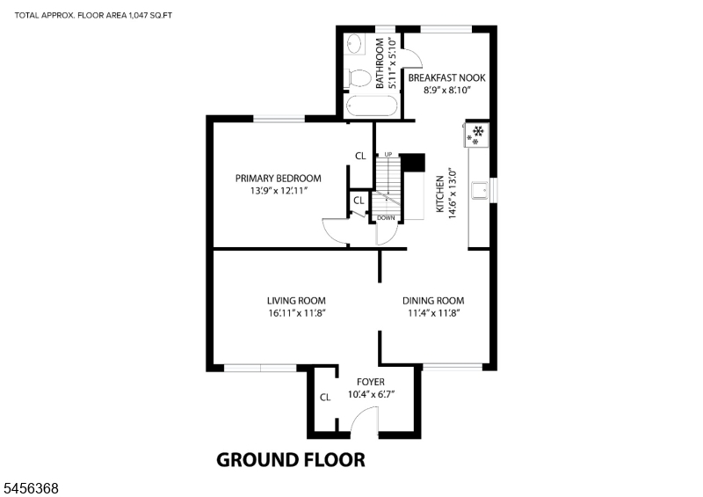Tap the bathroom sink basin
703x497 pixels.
(355, 45)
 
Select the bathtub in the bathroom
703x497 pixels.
(371, 106)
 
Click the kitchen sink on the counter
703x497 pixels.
(480, 190)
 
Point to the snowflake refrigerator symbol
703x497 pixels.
(476, 135)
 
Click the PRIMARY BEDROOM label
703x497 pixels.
(279, 179)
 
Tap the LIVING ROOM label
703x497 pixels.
(296, 300)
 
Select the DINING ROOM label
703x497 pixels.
(433, 300)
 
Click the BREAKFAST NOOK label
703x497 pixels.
(446, 77)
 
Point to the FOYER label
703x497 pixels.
(371, 382)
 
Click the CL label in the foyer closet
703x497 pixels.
(325, 398)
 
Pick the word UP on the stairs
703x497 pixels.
(388, 155)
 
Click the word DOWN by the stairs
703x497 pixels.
(386, 218)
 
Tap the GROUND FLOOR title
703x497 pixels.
(291, 460)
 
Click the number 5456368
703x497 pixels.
(32, 488)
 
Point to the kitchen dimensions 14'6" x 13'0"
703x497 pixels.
(453, 194)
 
